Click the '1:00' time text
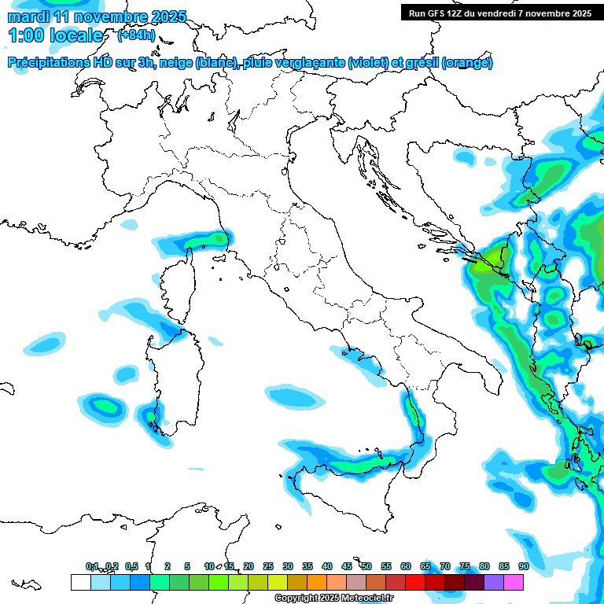24,35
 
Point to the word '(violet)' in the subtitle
368,63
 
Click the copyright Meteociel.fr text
333,598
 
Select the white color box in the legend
80,582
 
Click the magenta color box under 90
514,582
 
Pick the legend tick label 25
268,566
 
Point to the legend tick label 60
406,566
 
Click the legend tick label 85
504,566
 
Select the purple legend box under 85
494,582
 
